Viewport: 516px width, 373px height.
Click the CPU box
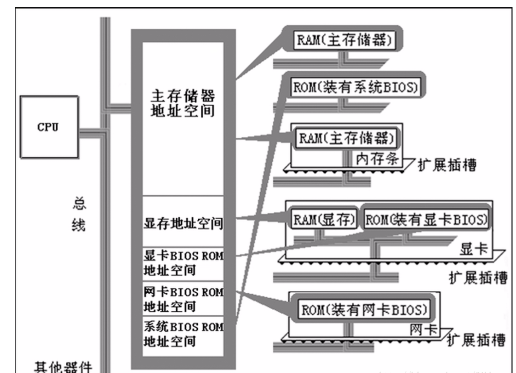pos(49,126)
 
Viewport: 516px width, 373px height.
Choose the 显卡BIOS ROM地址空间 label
pos(184,263)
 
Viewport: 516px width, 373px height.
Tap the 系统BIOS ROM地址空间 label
pos(184,335)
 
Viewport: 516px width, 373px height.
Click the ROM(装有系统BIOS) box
pos(354,88)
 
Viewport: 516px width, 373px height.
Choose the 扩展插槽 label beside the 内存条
pos(446,165)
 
